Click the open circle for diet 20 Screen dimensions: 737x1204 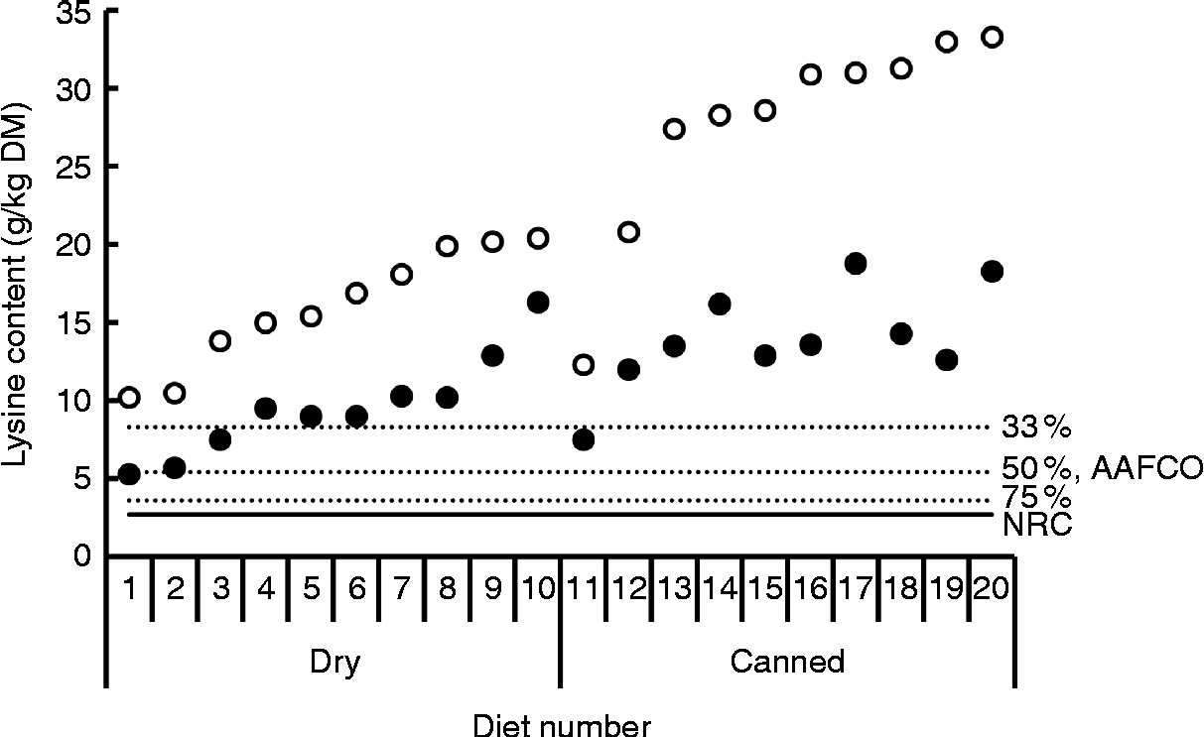pyautogui.click(x=992, y=38)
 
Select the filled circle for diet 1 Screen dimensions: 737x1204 pyautogui.click(x=129, y=474)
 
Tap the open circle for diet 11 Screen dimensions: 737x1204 pyautogui.click(x=584, y=364)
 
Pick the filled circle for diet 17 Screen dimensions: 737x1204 pyautogui.click(x=856, y=264)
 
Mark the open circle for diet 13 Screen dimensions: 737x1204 pyautogui.click(x=674, y=129)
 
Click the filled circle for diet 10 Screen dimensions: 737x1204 pyautogui.click(x=538, y=303)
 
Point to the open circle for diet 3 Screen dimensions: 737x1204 pyautogui.click(x=220, y=341)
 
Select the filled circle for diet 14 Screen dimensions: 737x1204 pyautogui.click(x=720, y=304)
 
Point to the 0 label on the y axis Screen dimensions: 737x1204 pyautogui.click(x=83, y=555)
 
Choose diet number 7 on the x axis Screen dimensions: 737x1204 pyautogui.click(x=401, y=589)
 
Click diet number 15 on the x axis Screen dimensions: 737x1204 pyautogui.click(x=764, y=589)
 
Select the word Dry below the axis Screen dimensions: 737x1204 pyautogui.click(x=334, y=662)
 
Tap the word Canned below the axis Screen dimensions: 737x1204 pyautogui.click(x=787, y=662)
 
